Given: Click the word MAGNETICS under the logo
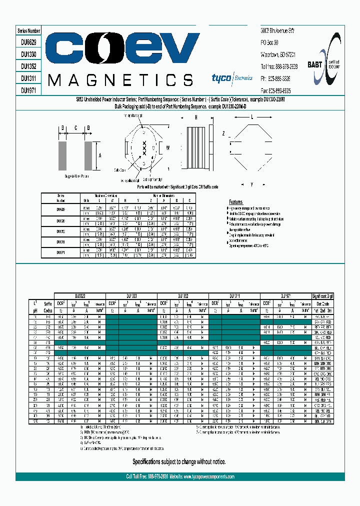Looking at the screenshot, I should coord(120,79).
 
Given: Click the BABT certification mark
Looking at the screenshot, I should coord(315,64).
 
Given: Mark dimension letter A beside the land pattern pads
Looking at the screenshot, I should coord(100,155).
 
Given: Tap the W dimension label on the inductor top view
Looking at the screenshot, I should coord(168,147).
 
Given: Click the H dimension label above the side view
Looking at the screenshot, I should coord(196,117).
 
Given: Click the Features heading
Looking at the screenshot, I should coord(235,201).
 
